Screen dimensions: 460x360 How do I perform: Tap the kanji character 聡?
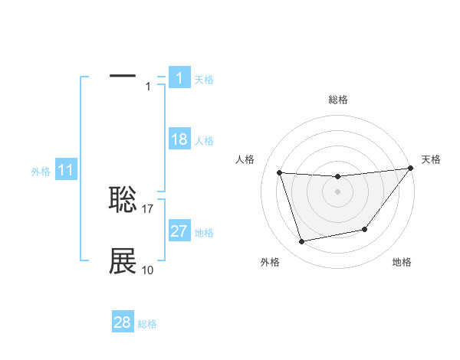(x=123, y=199)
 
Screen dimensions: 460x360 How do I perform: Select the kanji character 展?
(x=123, y=261)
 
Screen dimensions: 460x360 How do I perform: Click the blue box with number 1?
(x=179, y=77)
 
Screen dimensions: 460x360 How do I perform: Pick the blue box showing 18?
(x=179, y=139)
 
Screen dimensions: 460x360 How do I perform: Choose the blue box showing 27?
(x=179, y=231)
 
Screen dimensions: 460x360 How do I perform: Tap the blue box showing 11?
(x=66, y=171)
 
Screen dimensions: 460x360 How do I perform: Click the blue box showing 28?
(x=123, y=322)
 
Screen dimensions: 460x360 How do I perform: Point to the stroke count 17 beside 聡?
(x=149, y=208)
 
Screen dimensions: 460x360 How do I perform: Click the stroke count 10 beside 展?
(x=148, y=270)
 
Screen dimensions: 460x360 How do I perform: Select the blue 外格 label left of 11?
(x=41, y=172)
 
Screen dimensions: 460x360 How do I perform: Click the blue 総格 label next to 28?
(x=147, y=324)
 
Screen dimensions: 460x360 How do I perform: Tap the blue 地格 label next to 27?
(x=205, y=233)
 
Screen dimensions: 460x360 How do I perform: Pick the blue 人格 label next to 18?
(x=205, y=141)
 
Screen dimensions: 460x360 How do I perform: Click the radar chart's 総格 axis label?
(x=338, y=100)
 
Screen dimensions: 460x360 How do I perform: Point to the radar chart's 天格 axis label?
(x=431, y=159)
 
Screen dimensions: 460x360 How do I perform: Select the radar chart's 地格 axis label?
(x=402, y=262)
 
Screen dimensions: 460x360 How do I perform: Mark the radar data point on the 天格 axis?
(x=410, y=169)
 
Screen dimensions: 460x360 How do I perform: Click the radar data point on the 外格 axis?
(x=302, y=242)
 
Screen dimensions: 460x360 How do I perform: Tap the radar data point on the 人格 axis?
(x=280, y=173)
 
